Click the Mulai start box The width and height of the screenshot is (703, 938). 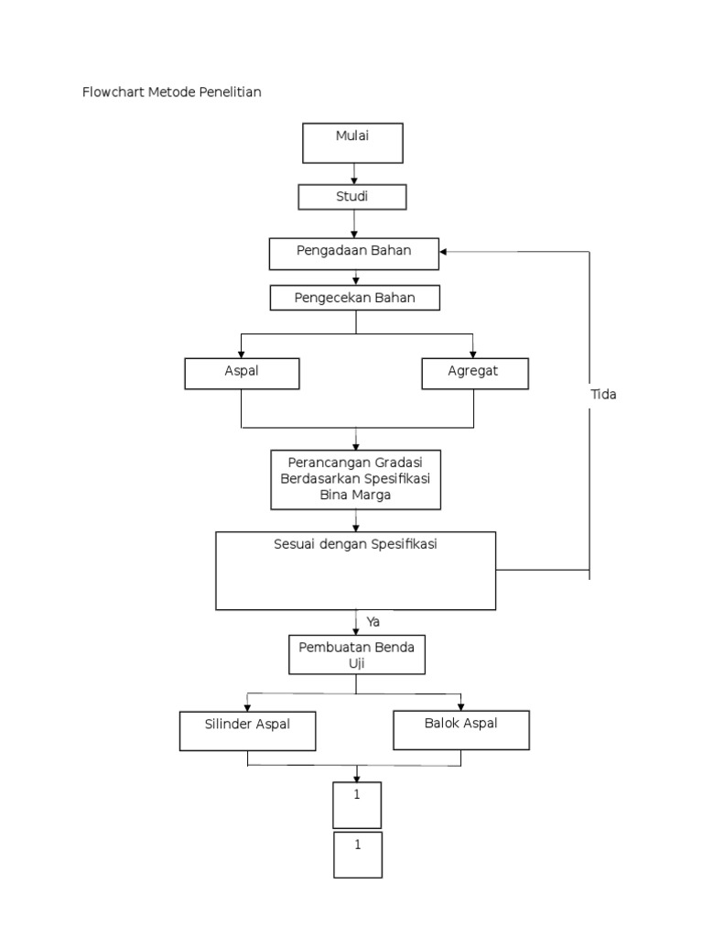point(353,143)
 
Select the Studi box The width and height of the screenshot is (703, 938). point(353,197)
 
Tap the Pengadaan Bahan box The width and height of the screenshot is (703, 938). point(353,254)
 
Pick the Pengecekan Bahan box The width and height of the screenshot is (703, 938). point(353,299)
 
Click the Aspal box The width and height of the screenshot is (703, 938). point(242,373)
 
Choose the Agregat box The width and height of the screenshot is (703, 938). point(474,373)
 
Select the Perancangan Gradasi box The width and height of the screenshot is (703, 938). point(356,478)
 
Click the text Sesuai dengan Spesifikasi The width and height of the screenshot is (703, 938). point(356,544)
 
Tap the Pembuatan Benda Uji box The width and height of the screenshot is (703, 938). point(357,655)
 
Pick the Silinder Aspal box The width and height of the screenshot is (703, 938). point(247,730)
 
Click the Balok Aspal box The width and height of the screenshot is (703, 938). point(460,729)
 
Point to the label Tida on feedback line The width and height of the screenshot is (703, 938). point(603,394)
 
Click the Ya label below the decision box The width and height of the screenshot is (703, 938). point(373,622)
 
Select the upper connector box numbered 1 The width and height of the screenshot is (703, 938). point(357,804)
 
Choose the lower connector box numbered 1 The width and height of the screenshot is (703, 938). point(357,855)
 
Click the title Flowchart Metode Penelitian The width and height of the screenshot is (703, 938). point(171,93)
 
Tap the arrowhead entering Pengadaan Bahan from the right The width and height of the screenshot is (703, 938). point(445,251)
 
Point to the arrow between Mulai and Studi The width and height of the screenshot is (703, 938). point(354,174)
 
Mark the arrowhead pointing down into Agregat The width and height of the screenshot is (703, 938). point(473,353)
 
